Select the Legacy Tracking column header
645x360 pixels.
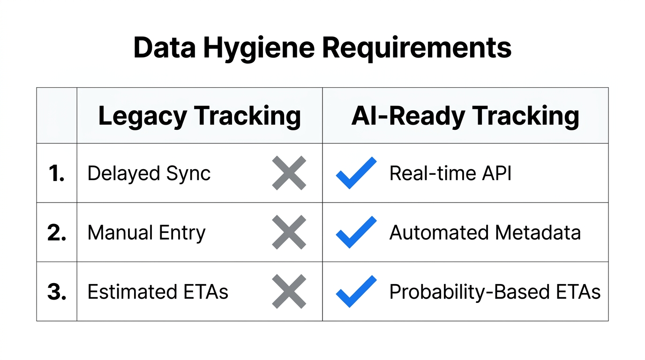tap(199, 116)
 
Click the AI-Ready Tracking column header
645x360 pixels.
tap(465, 116)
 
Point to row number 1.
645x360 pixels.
tap(57, 173)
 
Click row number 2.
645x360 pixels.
tap(57, 232)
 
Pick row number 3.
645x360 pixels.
tap(57, 292)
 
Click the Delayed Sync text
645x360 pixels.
tap(149, 173)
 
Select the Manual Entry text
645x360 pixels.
tap(146, 232)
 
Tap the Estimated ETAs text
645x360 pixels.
tap(157, 292)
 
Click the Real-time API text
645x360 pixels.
tap(450, 173)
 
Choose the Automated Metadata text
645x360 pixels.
tap(485, 232)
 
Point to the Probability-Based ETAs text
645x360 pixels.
tap(495, 292)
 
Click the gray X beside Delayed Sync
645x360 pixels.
tap(289, 173)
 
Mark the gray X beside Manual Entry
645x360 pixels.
tap(289, 232)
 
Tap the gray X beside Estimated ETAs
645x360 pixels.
tap(289, 292)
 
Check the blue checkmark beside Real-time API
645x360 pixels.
tap(356, 172)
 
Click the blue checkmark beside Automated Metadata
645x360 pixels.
tap(356, 232)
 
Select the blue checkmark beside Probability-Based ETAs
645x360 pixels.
tap(356, 291)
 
